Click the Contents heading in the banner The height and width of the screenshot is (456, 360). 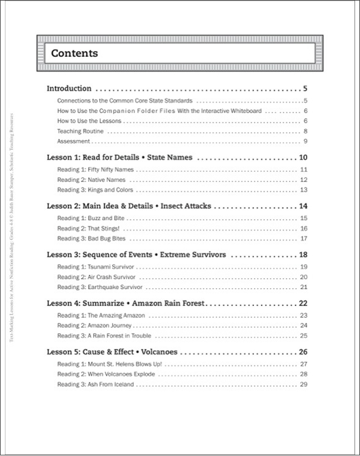coord(74,53)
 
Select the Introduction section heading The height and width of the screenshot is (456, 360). coord(69,89)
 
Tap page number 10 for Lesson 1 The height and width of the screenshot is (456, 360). coord(302,157)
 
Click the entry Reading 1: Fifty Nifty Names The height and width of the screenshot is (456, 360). coord(96,169)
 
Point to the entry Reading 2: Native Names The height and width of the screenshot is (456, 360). coord(91,180)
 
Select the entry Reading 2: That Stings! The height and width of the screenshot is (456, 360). coord(89,228)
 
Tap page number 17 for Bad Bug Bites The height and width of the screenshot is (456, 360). coord(303,238)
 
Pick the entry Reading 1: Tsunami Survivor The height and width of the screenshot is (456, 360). coord(96,266)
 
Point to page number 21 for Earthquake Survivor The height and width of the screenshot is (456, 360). coord(303,286)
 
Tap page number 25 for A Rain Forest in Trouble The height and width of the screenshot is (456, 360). coord(303,335)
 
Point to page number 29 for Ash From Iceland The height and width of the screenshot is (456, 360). coord(303,384)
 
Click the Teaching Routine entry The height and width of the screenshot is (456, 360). coord(80,131)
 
